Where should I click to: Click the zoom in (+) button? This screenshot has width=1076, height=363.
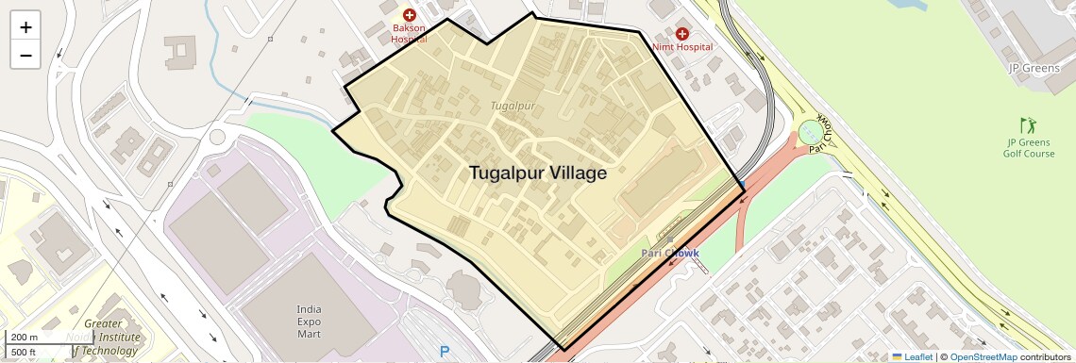pyautogui.click(x=25, y=27)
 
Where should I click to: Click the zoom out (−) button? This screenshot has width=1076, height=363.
pyautogui.click(x=25, y=56)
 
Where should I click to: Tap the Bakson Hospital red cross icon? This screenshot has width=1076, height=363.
pyautogui.click(x=410, y=15)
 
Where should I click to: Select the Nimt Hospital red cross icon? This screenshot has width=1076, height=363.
pyautogui.click(x=681, y=34)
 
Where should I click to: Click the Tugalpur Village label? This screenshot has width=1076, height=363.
pyautogui.click(x=537, y=173)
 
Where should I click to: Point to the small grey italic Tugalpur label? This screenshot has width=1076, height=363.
pyautogui.click(x=513, y=106)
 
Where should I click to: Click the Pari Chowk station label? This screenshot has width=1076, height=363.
pyautogui.click(x=670, y=253)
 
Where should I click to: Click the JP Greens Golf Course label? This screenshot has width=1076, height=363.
pyautogui.click(x=1029, y=148)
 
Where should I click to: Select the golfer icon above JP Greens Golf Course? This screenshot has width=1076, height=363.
pyautogui.click(x=1028, y=125)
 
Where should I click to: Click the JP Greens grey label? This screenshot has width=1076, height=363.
pyautogui.click(x=1035, y=68)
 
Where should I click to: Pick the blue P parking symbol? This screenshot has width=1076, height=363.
pyautogui.click(x=445, y=352)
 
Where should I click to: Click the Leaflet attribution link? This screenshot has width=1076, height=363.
pyautogui.click(x=912, y=357)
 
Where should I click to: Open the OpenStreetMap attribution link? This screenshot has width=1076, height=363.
pyautogui.click(x=983, y=357)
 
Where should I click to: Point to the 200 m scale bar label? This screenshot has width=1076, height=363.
pyautogui.click(x=25, y=338)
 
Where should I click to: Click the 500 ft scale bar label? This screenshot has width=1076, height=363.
pyautogui.click(x=24, y=353)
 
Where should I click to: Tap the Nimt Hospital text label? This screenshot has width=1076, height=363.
pyautogui.click(x=682, y=47)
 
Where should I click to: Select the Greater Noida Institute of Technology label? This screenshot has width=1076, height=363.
pyautogui.click(x=109, y=338)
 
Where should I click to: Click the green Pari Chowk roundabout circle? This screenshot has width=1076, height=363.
pyautogui.click(x=811, y=133)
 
